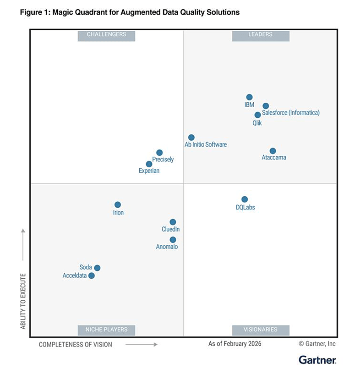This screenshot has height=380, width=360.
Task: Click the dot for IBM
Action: click(x=249, y=97)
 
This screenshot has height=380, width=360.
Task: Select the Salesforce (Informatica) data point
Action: click(x=266, y=106)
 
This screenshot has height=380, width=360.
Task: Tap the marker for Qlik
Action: click(x=258, y=115)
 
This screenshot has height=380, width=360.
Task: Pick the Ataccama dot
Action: click(x=273, y=151)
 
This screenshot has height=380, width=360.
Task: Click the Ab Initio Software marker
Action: click(x=191, y=138)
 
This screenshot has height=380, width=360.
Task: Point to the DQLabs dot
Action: click(x=245, y=199)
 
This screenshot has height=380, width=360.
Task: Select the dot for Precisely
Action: click(x=159, y=153)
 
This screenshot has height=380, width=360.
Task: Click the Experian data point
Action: click(x=149, y=164)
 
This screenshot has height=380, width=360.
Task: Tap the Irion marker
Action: click(x=118, y=205)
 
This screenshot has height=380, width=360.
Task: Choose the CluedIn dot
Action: click(x=173, y=222)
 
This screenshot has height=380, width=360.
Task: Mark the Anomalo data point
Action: click(x=173, y=240)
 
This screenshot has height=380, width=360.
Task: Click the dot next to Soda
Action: click(x=97, y=268)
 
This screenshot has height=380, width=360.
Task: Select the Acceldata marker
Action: click(x=92, y=275)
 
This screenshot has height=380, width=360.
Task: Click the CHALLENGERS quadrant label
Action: click(x=106, y=35)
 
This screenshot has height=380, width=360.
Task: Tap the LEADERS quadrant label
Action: click(x=261, y=35)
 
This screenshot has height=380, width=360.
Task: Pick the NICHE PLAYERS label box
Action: click(x=106, y=330)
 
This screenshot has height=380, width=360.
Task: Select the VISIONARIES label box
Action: click(x=261, y=330)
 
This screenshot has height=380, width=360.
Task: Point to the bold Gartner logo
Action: click(x=317, y=360)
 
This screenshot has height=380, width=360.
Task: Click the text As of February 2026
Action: click(x=235, y=344)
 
